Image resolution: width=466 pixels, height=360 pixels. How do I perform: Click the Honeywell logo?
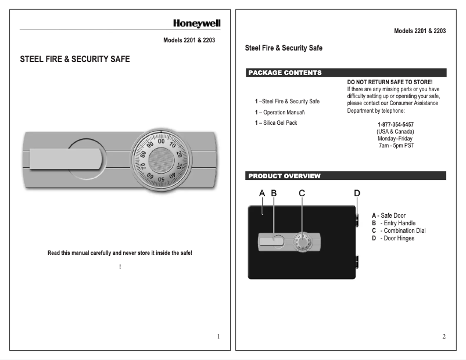click(196, 23)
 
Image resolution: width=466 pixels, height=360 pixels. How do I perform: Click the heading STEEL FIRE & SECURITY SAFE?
click(75, 59)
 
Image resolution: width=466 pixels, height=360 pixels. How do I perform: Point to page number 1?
click(218, 336)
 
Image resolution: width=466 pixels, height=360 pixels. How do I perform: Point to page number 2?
click(444, 336)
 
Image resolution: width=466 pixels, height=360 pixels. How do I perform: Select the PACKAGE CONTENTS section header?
click(285, 73)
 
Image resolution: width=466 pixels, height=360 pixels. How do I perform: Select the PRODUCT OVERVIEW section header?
click(284, 175)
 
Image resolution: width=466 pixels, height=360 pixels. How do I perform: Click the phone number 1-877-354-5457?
click(396, 124)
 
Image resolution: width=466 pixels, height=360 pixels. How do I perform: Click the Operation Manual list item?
click(281, 112)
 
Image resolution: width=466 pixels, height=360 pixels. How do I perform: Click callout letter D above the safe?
click(357, 193)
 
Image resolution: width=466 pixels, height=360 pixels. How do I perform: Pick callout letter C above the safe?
click(302, 193)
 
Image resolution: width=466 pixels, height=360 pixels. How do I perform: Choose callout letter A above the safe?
click(262, 193)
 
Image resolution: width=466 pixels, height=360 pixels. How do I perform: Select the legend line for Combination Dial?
click(399, 231)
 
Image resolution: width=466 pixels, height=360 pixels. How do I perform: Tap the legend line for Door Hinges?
click(393, 238)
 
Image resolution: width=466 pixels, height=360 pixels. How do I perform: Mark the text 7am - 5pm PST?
click(396, 145)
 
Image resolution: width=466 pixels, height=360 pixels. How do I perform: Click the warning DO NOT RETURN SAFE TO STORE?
click(390, 82)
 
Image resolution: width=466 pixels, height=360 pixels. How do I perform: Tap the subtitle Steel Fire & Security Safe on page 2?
click(284, 48)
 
